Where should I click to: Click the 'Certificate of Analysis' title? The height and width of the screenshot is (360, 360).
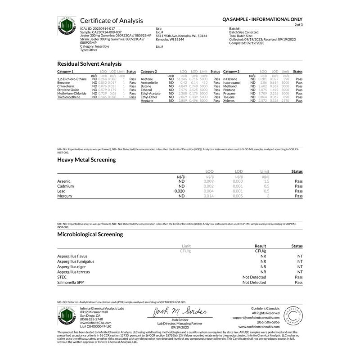tap(111, 21)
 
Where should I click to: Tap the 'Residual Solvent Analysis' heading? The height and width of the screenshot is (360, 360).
tap(89, 64)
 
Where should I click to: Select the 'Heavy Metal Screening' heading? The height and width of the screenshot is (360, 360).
tap(86, 159)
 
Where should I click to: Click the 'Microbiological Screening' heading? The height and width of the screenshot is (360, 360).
tap(90, 234)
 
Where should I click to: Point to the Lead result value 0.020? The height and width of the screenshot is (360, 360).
tap(179, 191)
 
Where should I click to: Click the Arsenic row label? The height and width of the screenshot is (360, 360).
tap(64, 181)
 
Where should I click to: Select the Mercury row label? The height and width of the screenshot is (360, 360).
tap(65, 196)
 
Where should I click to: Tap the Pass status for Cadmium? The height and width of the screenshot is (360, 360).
tap(298, 186)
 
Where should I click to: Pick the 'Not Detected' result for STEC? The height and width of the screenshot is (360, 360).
tap(254, 277)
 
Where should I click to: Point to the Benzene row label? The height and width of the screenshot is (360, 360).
tap(64, 83)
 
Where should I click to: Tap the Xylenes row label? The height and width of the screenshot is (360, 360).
tap(229, 101)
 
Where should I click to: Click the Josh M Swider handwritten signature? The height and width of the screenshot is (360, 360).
tap(179, 312)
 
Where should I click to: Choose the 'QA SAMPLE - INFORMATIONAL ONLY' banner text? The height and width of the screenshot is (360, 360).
tap(262, 20)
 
